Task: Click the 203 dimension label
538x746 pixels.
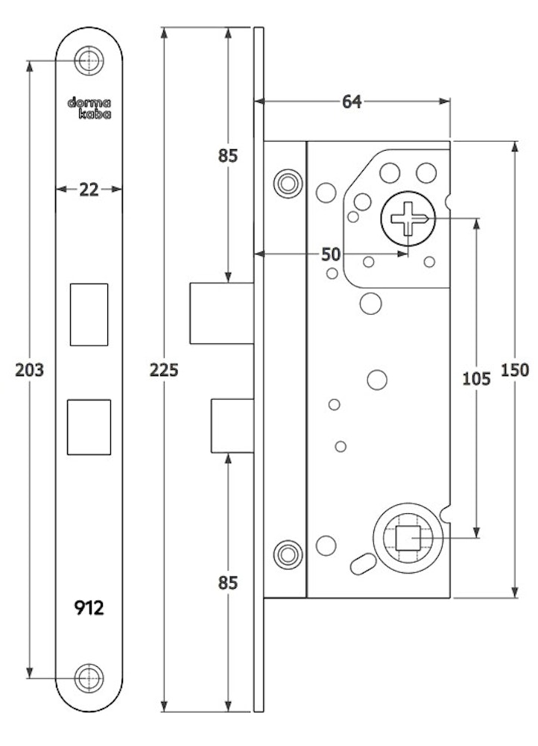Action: click(x=30, y=369)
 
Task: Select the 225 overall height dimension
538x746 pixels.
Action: click(x=164, y=369)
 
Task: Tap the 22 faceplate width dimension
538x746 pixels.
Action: click(x=89, y=189)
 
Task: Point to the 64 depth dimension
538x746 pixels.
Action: click(x=352, y=101)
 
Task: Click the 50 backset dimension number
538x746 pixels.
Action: click(x=330, y=254)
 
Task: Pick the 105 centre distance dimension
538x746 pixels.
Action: click(x=476, y=378)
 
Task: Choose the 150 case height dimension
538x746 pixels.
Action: click(x=515, y=369)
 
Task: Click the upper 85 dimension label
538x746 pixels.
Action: click(x=227, y=156)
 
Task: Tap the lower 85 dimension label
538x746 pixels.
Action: click(x=227, y=582)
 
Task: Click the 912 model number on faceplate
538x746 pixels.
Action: click(x=89, y=608)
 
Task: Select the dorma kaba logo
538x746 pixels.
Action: click(x=89, y=109)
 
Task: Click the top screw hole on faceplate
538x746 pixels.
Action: click(x=89, y=60)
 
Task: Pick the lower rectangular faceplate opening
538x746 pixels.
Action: click(x=89, y=427)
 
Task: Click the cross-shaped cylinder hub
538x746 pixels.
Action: click(x=407, y=219)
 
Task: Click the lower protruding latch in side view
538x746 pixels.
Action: click(x=232, y=425)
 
